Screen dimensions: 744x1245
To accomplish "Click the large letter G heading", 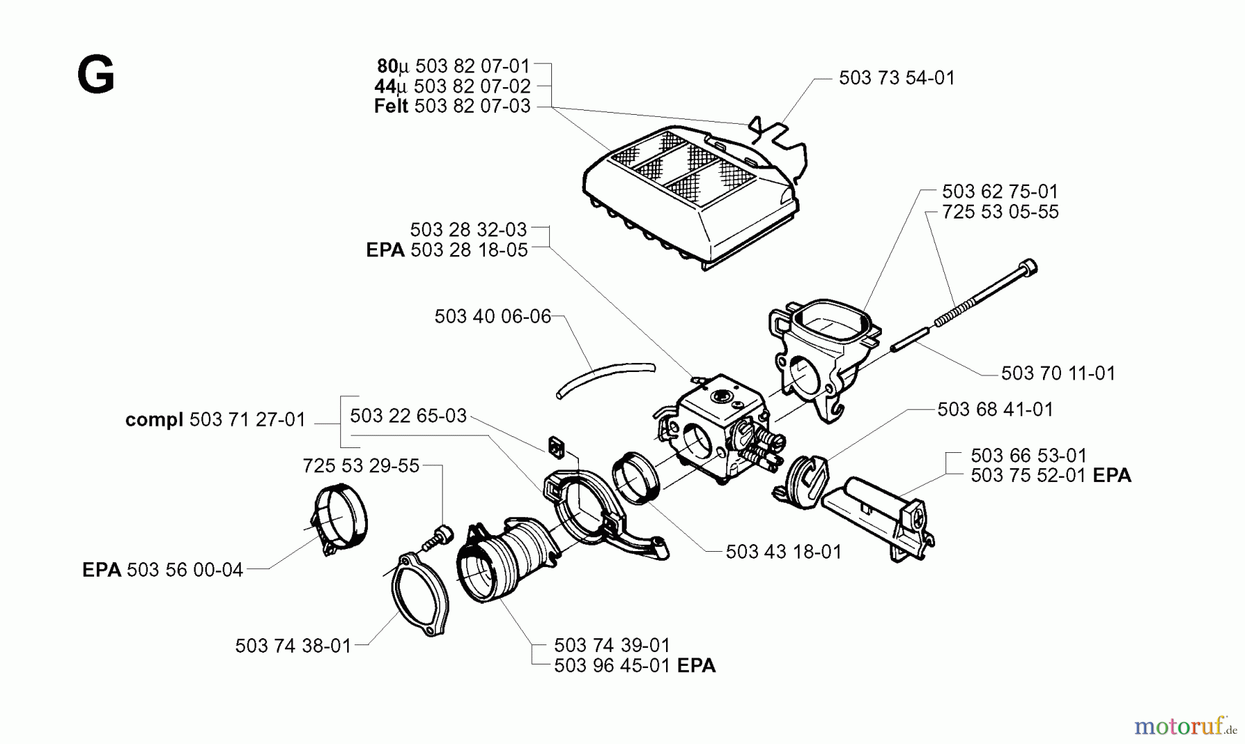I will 95,75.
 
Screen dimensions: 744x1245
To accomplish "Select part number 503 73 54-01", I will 896,78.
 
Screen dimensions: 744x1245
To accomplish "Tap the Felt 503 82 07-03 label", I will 452,106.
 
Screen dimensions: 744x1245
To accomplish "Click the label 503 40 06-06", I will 492,317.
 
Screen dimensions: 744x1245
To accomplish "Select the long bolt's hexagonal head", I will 1029,268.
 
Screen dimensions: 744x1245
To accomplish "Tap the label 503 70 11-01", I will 1058,373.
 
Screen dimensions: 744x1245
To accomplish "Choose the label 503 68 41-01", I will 995,409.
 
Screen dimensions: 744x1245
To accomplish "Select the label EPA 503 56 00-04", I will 163,570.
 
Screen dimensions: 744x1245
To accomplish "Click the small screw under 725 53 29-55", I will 441,537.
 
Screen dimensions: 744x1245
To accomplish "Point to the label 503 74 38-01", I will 293,646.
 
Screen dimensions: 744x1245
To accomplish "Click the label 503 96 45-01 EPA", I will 634,666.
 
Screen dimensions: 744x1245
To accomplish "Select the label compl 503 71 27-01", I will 215,420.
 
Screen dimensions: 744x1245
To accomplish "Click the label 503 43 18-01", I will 784,552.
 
